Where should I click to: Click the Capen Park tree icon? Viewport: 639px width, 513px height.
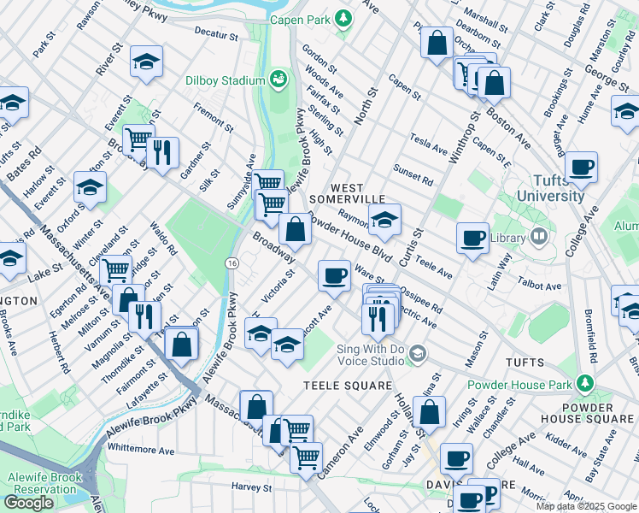coord(343,18)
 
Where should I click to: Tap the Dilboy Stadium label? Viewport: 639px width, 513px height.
coord(225,81)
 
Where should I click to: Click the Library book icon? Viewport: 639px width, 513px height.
coord(538,235)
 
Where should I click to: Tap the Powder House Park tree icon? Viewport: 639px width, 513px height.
coord(585,381)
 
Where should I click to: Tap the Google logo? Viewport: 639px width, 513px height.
coord(30,503)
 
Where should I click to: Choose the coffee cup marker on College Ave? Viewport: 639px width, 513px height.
coord(581,167)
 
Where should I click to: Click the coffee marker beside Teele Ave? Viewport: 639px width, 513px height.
coord(472,239)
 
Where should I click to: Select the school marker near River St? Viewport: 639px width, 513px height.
coord(146,62)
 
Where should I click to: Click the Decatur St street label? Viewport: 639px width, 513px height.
coord(215,36)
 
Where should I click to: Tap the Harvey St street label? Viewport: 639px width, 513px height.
coord(251,486)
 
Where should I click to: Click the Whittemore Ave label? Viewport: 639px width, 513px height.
coord(141,450)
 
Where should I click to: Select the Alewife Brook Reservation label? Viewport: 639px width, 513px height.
coord(42,485)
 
